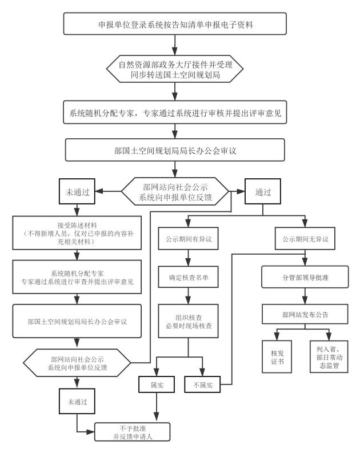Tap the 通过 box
(263, 191)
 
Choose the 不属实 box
(202, 386)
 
